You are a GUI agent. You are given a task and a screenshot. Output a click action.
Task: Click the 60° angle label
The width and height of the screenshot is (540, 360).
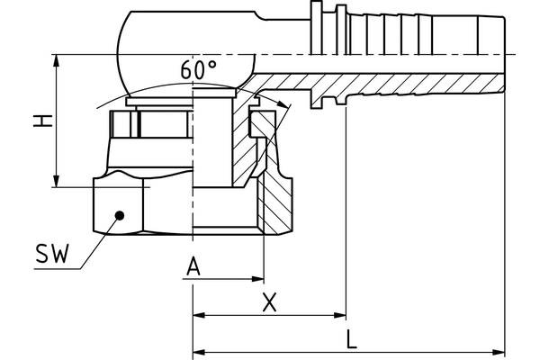click(x=199, y=69)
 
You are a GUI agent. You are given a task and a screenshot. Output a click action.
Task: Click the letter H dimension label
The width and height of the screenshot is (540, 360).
click(x=42, y=121)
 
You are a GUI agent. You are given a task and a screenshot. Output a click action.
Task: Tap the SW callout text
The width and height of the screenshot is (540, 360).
click(x=53, y=254)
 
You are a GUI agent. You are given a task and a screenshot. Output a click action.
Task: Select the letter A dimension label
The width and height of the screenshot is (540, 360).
click(x=193, y=266)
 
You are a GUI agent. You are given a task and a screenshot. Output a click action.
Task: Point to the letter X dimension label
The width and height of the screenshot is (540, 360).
click(x=269, y=302)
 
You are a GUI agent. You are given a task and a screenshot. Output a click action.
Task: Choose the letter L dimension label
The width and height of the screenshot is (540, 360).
click(x=351, y=338)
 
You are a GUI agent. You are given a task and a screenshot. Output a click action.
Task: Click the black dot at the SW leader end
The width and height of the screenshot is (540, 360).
click(x=120, y=216)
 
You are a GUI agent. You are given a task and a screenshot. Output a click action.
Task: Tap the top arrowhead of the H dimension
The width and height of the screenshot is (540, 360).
click(x=57, y=60)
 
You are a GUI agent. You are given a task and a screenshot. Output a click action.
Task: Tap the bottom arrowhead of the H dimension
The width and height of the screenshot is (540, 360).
click(x=57, y=181)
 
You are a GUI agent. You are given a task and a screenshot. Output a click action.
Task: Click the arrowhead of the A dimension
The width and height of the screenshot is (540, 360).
click(x=258, y=279)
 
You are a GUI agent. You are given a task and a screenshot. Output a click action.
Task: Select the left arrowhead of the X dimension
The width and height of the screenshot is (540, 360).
click(x=199, y=315)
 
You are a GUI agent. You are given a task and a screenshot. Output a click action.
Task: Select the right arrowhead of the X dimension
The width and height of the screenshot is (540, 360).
click(x=340, y=315)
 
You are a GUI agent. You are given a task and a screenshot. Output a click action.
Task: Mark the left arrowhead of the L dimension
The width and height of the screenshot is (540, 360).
click(x=199, y=352)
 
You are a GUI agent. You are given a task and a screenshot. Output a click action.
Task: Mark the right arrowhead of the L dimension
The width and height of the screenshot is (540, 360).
click(x=499, y=352)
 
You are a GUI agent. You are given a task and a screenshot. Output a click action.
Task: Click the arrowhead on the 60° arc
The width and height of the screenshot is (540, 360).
click(x=283, y=103)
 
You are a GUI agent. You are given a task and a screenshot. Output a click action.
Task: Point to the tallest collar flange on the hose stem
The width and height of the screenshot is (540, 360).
click(x=316, y=28)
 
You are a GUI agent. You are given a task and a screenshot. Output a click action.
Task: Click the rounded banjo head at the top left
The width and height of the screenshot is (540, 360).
click(x=186, y=53)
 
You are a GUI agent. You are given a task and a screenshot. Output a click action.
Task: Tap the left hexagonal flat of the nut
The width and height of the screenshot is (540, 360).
click(x=118, y=204)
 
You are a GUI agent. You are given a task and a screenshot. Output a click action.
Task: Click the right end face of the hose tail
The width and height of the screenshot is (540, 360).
click(x=504, y=54)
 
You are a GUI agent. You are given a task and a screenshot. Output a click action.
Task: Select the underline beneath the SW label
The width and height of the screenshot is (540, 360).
click(x=58, y=269)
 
